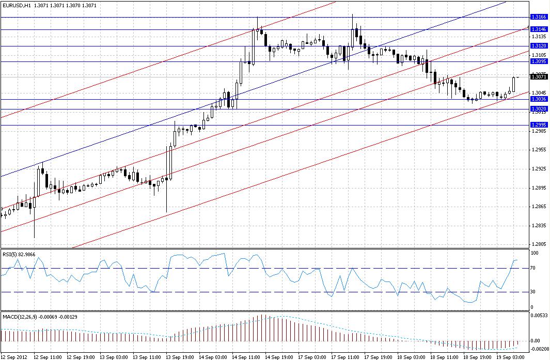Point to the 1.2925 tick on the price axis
pyautogui.click(x=538, y=169)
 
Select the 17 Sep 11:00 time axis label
pyautogui.click(x=344, y=357)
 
